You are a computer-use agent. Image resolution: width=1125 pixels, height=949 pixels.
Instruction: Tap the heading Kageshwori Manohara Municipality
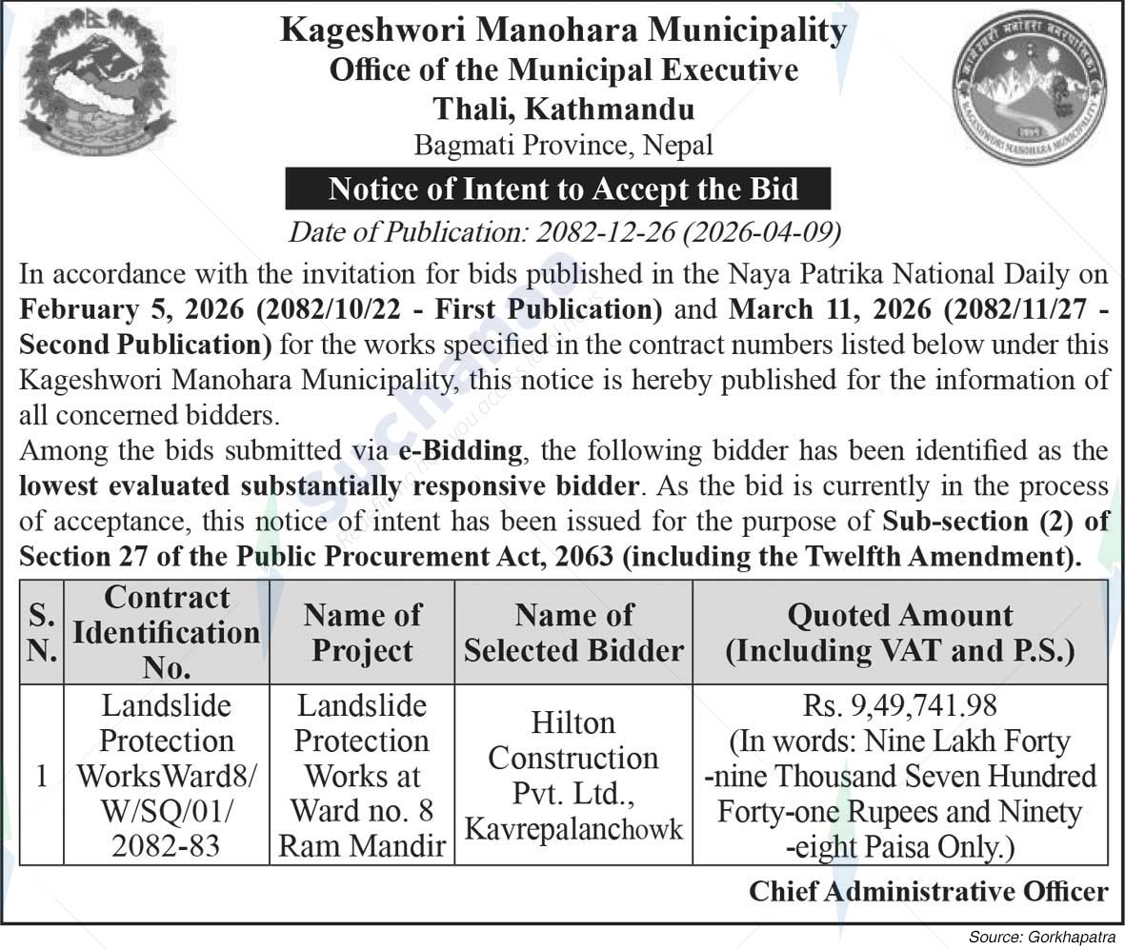point(563,30)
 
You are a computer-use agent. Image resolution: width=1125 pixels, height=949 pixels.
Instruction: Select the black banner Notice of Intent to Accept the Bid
point(563,189)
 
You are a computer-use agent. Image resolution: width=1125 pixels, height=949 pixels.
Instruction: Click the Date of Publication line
point(564,231)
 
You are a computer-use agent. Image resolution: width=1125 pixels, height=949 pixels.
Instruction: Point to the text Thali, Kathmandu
point(563,107)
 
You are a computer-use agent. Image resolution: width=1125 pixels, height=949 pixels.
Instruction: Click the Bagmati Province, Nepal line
point(563,145)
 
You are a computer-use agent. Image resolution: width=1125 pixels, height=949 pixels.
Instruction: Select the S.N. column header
point(40,632)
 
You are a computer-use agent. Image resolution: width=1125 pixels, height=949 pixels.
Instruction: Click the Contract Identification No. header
point(166,632)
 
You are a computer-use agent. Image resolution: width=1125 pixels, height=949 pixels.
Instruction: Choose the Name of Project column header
point(362,632)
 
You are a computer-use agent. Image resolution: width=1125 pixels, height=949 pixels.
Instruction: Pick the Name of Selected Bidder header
point(573,632)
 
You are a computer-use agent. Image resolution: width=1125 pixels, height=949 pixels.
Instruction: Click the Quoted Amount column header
point(899,632)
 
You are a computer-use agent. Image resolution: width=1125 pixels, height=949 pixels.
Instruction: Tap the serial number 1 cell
point(41,776)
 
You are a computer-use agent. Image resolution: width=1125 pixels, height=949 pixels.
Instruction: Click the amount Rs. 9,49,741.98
point(899,706)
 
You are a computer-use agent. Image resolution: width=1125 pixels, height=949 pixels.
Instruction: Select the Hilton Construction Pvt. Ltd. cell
point(573,759)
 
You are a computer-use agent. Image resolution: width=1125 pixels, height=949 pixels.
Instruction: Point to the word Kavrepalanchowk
point(573,828)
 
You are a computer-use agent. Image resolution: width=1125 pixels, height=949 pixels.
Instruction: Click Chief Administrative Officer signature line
point(928,891)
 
